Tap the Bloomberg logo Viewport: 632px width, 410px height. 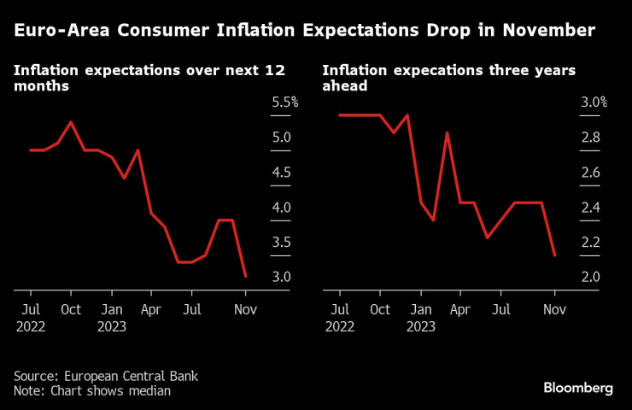coord(578,388)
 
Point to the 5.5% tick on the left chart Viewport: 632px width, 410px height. coord(284,102)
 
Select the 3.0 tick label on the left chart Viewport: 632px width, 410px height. coord(281,278)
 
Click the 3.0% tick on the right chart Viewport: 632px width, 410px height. coord(594,102)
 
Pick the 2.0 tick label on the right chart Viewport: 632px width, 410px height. coord(590,278)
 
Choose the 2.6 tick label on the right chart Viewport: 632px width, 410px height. coord(590,173)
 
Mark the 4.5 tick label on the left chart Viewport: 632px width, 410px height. coord(281,173)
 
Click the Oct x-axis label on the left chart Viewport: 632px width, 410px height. coord(71,309)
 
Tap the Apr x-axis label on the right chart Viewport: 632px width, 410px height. coord(460,309)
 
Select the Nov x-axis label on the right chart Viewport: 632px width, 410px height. coord(555,309)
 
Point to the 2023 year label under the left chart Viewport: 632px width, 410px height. coord(111,326)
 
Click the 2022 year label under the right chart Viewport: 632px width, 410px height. coord(340,326)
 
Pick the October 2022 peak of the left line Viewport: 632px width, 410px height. coord(71,122)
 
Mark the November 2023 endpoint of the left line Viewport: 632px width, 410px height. coord(246,276)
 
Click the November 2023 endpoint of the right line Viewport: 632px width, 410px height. coord(555,255)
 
